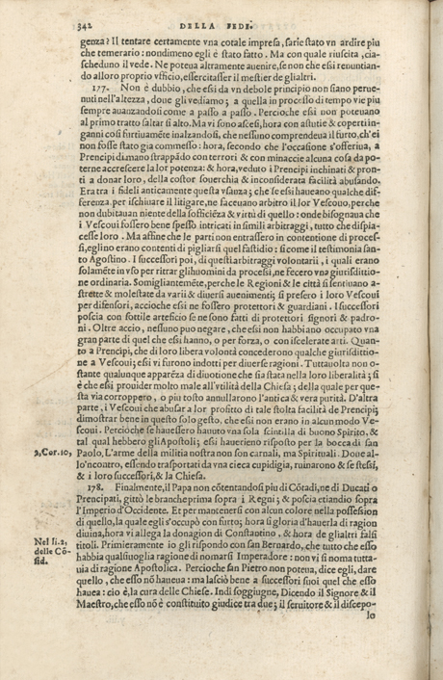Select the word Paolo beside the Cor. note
[103, 425]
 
